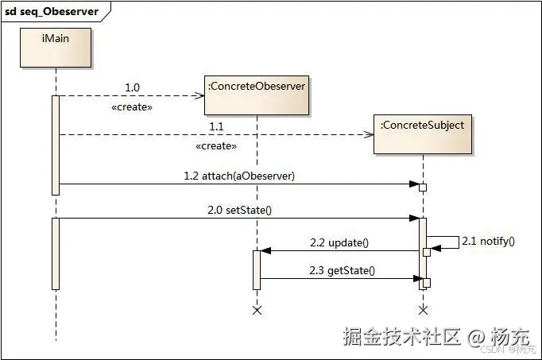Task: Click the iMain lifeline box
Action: [x=56, y=48]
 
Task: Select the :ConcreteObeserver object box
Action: [x=257, y=95]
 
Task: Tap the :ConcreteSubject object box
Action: [x=423, y=134]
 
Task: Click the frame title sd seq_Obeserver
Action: [x=52, y=11]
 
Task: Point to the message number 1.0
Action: [x=132, y=87]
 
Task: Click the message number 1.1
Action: [x=216, y=126]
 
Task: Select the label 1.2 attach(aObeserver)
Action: [x=239, y=176]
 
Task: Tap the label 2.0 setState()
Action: [x=239, y=210]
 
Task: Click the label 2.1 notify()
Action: [x=488, y=241]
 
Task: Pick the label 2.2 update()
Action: [x=339, y=242]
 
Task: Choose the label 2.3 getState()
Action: [x=342, y=270]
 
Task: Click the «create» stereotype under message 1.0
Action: [x=132, y=107]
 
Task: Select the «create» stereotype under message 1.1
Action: [x=216, y=146]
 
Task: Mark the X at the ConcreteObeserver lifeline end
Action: [x=257, y=310]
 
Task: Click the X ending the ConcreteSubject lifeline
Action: [x=423, y=310]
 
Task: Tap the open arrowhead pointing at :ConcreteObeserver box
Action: [x=199, y=95]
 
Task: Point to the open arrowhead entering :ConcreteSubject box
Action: [x=369, y=134]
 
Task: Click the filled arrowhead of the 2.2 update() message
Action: [x=265, y=251]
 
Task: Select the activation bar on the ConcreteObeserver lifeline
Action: [x=257, y=270]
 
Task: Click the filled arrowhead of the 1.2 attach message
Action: [x=414, y=184]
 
